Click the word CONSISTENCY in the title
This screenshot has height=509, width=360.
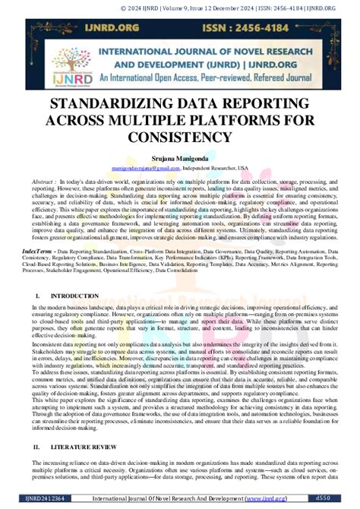coord(179,136)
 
